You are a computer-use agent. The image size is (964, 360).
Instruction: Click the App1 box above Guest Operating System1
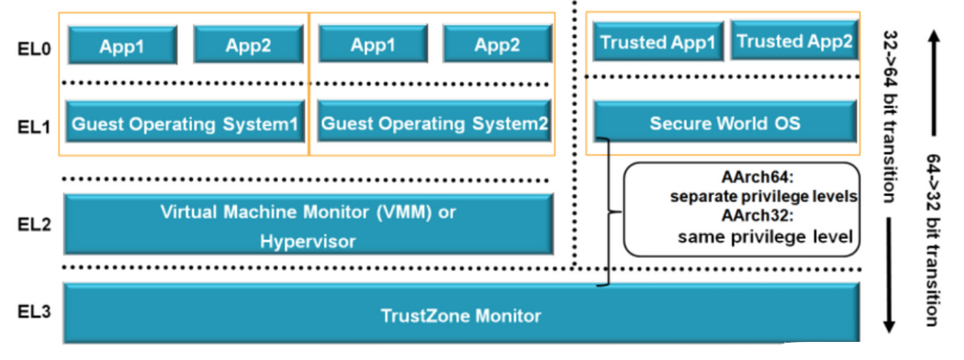(123, 44)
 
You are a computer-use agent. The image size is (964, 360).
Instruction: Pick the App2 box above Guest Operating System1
(249, 44)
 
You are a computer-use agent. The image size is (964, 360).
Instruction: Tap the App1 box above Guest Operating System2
(373, 44)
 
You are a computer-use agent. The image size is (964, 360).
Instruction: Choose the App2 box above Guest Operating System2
(497, 44)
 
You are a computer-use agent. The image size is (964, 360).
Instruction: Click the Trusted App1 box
(658, 41)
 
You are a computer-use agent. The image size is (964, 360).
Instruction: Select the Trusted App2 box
(794, 41)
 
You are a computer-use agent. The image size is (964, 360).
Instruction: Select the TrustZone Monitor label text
(461, 316)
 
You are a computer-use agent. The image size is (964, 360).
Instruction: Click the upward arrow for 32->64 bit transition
(933, 83)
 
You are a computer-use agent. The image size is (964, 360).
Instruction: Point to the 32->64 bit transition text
(891, 117)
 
